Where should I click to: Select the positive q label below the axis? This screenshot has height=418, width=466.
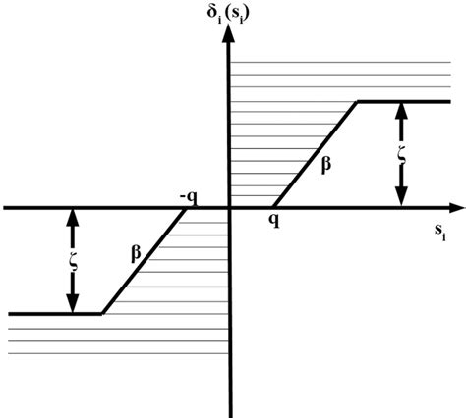coord(271,221)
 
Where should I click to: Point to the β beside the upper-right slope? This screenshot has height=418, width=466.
coord(325,164)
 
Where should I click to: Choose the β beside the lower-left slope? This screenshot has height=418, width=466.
coord(136,252)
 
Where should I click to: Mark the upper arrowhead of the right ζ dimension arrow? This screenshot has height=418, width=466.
coord(400,110)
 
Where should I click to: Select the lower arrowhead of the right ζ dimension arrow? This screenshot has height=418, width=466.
coord(400,198)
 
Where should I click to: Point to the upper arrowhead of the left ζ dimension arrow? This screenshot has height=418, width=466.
coord(72,218)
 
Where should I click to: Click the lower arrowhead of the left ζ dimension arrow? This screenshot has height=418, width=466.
coord(72,304)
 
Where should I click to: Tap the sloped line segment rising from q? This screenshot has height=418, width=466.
coord(315,154)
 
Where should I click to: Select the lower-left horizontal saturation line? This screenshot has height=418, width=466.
coord(54,314)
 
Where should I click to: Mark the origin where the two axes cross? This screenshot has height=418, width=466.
coord(229,208)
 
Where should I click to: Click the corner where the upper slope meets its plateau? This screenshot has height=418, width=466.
coord(357,101)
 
